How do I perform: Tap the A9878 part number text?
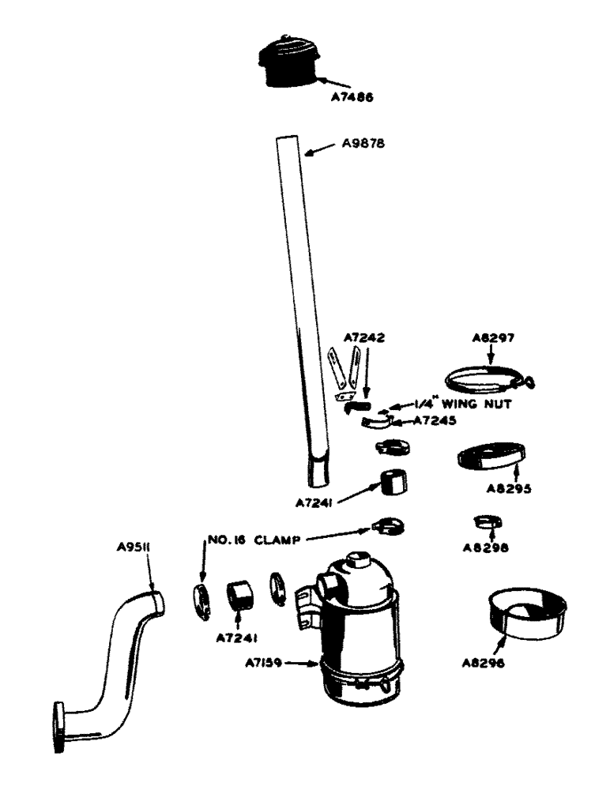click(x=364, y=145)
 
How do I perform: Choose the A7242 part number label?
click(x=364, y=337)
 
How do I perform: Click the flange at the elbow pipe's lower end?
click(x=59, y=726)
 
